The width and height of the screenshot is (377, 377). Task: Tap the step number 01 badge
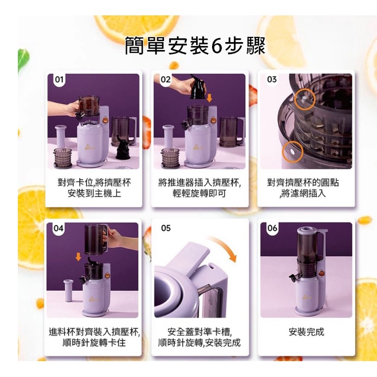(x=59, y=79)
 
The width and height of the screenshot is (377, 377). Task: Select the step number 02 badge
(x=165, y=79)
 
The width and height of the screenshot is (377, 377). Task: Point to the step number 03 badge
(x=272, y=79)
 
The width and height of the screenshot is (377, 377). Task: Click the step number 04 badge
(x=58, y=228)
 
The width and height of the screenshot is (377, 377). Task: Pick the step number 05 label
(x=166, y=228)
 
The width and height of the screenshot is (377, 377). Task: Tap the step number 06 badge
(x=272, y=228)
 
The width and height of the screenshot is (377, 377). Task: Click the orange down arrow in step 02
(x=210, y=98)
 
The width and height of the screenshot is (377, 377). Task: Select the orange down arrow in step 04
(x=78, y=257)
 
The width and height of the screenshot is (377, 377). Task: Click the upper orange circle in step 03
(x=305, y=99)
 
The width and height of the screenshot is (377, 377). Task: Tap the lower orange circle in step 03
(x=293, y=152)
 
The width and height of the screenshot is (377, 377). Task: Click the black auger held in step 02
(x=198, y=87)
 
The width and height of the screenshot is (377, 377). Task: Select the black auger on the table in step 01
(x=123, y=148)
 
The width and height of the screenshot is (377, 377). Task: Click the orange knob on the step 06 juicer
(x=320, y=273)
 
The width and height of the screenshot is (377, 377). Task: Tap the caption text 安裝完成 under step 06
(x=307, y=332)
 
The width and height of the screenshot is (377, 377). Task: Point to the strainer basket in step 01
(x=62, y=158)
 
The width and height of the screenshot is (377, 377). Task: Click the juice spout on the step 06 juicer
(x=293, y=278)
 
